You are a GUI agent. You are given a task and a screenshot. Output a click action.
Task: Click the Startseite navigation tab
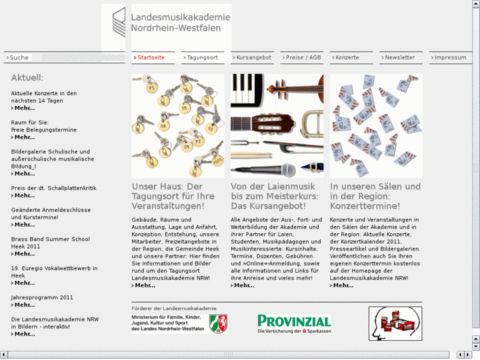[151, 57]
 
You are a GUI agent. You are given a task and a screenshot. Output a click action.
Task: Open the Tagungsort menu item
[202, 57]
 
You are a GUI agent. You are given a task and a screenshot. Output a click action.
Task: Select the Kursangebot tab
[254, 57]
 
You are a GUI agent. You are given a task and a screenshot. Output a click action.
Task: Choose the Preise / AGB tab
[303, 57]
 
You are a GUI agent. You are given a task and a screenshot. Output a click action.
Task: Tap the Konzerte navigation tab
[347, 57]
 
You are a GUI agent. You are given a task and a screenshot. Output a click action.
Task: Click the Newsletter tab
[399, 57]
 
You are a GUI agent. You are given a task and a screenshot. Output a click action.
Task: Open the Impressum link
[450, 57]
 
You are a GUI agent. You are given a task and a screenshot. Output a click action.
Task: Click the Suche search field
[73, 57]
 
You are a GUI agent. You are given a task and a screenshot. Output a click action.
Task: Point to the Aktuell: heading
[27, 77]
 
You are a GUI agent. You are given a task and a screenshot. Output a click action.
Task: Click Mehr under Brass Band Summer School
[24, 254]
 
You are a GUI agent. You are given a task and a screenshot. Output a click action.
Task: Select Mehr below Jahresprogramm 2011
[24, 305]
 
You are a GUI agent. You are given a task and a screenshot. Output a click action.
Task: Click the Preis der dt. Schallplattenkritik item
[53, 188]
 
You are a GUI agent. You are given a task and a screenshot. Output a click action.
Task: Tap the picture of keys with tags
[178, 126]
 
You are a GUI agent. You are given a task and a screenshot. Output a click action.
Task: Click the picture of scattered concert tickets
[376, 126]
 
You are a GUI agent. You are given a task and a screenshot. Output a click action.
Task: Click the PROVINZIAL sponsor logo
[294, 323]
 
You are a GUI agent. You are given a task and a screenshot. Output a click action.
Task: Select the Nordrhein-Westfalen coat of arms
[219, 323]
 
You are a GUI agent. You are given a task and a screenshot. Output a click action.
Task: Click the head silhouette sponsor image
[395, 323]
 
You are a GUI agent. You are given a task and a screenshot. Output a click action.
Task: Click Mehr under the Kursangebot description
[244, 285]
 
